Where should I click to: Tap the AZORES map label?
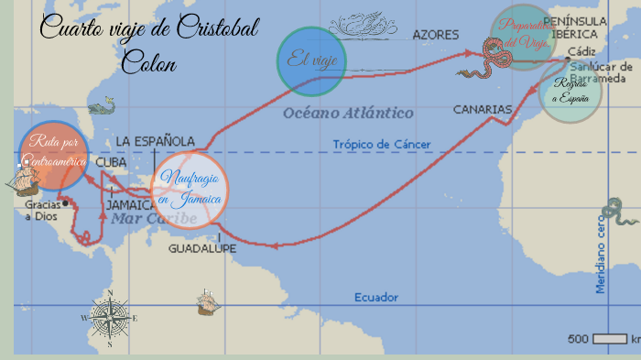click(x=435, y=35)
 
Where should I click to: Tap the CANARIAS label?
click(x=482, y=109)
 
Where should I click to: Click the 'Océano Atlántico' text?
click(x=348, y=113)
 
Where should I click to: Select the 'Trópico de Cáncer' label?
click(x=381, y=144)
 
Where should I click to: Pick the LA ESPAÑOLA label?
click(x=155, y=141)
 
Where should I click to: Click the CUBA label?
click(x=111, y=161)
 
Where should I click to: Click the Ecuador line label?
click(x=376, y=298)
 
